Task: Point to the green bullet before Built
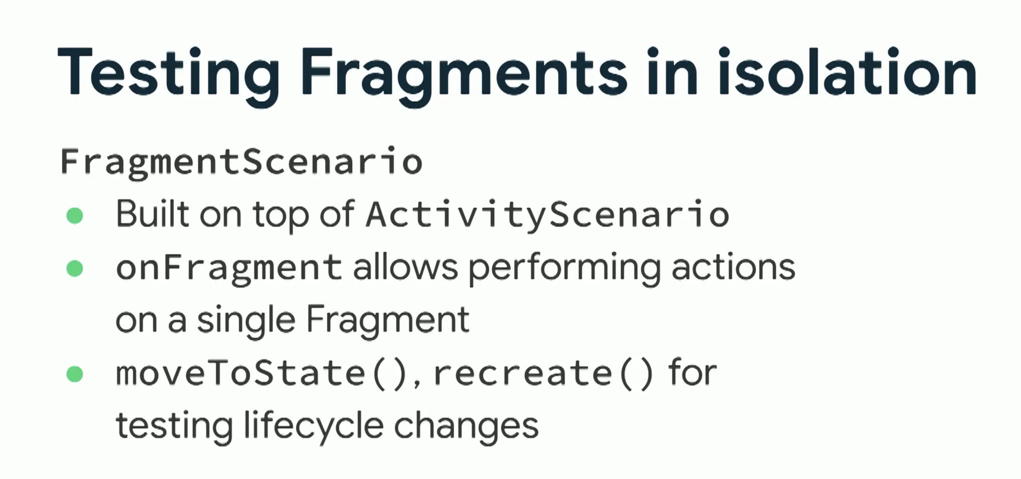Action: [75, 216]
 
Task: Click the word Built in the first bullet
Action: [153, 214]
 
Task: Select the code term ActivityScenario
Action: [547, 216]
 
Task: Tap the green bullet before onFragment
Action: [75, 269]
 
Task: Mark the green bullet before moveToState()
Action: [75, 374]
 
